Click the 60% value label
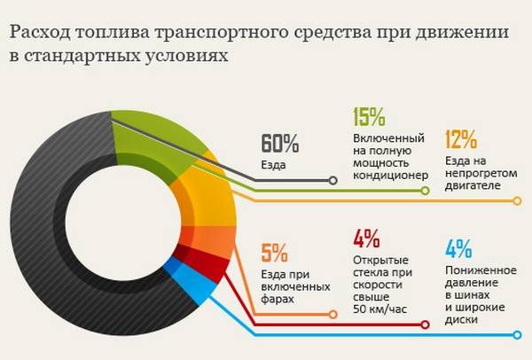[281, 144]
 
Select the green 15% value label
[369, 117]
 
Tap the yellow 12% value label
[461, 139]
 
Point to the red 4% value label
[365, 239]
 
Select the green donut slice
[151, 142]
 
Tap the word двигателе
[472, 186]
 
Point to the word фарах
[278, 300]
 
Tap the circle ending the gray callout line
[332, 181]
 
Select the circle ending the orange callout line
[332, 313]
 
